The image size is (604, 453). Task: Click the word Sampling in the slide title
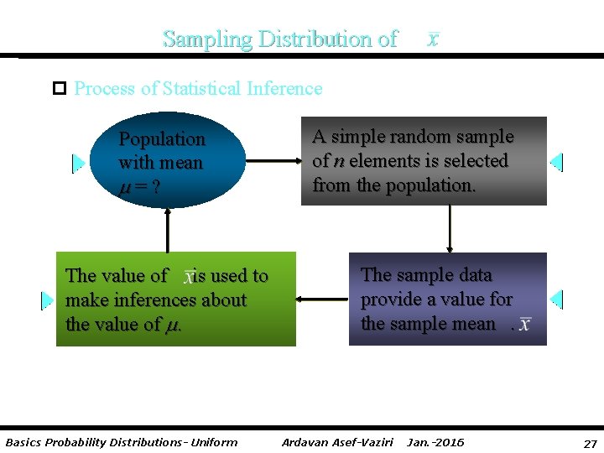pyautogui.click(x=207, y=39)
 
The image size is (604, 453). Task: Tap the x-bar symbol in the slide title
pyautogui.click(x=432, y=39)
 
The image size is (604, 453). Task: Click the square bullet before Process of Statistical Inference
pyautogui.click(x=59, y=88)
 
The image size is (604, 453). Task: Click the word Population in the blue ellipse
pyautogui.click(x=161, y=139)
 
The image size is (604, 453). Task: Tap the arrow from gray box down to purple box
pyautogui.click(x=450, y=228)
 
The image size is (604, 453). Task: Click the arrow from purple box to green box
pyautogui.click(x=322, y=299)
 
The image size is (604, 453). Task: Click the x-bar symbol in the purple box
pyautogui.click(x=525, y=324)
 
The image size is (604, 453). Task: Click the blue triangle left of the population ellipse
pyautogui.click(x=78, y=162)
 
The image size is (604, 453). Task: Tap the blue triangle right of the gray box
pyautogui.click(x=556, y=162)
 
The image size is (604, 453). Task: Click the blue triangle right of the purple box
pyautogui.click(x=556, y=299)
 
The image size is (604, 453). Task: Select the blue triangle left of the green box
pyautogui.click(x=47, y=299)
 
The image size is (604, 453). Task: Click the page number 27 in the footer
pyautogui.click(x=590, y=443)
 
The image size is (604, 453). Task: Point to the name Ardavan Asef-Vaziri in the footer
pyautogui.click(x=337, y=442)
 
